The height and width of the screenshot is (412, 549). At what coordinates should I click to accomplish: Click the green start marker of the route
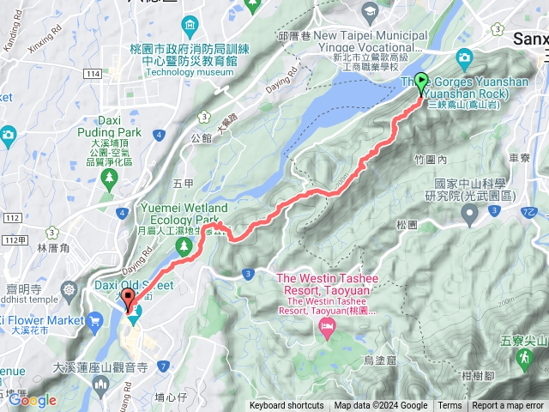pyautogui.click(x=421, y=83)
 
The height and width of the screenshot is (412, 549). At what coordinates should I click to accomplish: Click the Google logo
pyautogui.click(x=33, y=400)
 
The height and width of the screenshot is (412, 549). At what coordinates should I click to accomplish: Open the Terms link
pyautogui.click(x=449, y=406)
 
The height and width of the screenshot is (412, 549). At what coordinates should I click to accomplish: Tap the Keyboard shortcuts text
pyautogui.click(x=287, y=406)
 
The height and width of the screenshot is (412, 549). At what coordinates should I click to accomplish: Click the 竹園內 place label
pyautogui.click(x=454, y=160)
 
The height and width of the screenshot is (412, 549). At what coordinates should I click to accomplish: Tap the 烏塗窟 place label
pyautogui.click(x=379, y=360)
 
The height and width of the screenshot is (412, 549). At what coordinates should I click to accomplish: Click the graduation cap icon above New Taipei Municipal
pyautogui.click(x=371, y=12)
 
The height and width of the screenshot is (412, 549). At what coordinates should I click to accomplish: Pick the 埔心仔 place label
pyautogui.click(x=172, y=397)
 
